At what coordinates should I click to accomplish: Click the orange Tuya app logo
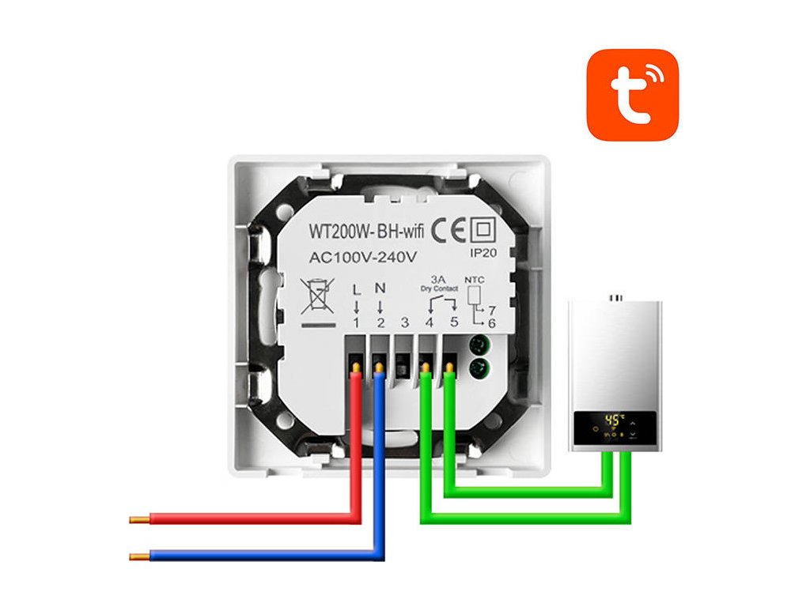pyautogui.click(x=632, y=95)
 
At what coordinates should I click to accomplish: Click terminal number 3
pyautogui.click(x=404, y=322)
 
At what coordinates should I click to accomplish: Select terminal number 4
pyautogui.click(x=430, y=322)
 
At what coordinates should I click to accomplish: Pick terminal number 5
pyautogui.click(x=454, y=322)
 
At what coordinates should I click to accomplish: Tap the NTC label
pyautogui.click(x=474, y=279)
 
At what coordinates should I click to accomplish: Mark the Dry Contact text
pyautogui.click(x=441, y=289)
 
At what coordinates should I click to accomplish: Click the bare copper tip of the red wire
pyautogui.click(x=139, y=519)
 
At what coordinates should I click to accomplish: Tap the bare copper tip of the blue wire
pyautogui.click(x=139, y=556)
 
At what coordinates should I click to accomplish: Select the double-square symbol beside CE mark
pyautogui.click(x=481, y=231)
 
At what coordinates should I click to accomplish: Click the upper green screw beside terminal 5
pyautogui.click(x=477, y=345)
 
